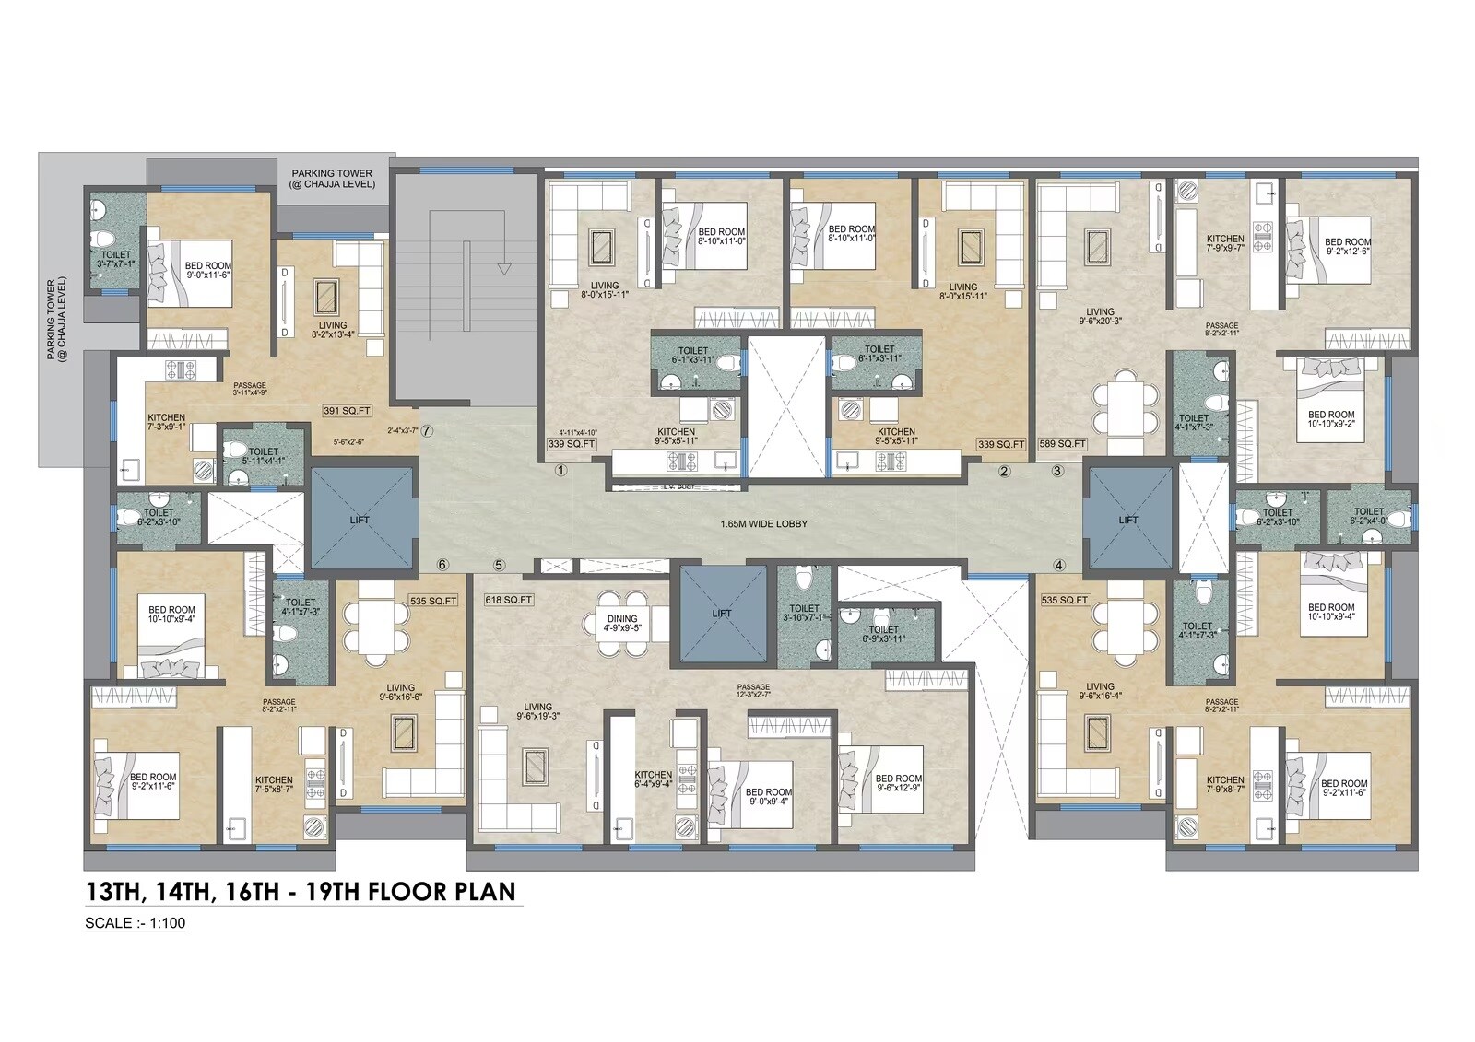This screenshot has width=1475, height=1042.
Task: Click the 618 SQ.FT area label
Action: click(x=509, y=600)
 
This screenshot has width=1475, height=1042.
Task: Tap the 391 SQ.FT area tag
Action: click(x=348, y=411)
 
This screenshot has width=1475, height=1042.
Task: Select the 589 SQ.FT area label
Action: click(x=1062, y=444)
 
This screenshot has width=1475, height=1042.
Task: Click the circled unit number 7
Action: click(x=428, y=430)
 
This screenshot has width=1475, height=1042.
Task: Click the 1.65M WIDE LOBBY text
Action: click(x=763, y=523)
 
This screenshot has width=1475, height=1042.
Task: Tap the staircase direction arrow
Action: click(x=503, y=268)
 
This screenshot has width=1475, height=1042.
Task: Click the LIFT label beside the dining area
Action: click(x=722, y=614)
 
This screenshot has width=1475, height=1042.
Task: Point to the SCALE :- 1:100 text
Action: click(x=135, y=923)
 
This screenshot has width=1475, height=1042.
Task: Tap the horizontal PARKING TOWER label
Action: click(x=332, y=178)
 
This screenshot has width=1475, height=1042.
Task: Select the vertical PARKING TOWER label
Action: click(x=57, y=318)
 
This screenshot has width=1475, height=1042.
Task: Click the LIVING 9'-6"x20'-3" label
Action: click(x=1100, y=316)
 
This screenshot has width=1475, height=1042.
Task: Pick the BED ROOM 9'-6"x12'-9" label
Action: click(x=898, y=783)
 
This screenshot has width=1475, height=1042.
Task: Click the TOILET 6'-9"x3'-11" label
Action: click(x=883, y=635)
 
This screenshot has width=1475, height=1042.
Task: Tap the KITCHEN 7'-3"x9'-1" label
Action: click(x=166, y=422)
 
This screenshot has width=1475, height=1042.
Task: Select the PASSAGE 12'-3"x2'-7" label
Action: click(x=753, y=691)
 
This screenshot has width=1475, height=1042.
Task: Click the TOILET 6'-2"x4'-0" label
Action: click(x=1368, y=516)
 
